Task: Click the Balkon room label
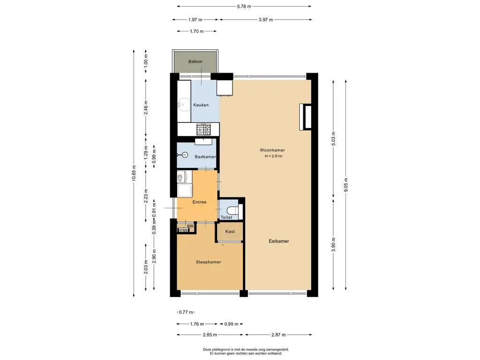195,61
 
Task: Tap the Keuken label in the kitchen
201,105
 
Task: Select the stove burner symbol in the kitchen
203,129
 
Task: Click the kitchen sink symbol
184,105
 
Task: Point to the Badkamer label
205,157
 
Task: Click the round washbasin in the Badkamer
185,155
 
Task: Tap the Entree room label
199,202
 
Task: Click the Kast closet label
230,232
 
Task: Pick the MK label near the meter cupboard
190,226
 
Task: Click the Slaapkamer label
209,262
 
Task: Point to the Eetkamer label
279,241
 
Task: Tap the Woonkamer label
272,150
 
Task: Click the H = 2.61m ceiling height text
273,156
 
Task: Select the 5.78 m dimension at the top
244,6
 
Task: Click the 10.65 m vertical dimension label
134,173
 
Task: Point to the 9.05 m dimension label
346,185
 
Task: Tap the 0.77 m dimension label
186,312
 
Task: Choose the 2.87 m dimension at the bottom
278,335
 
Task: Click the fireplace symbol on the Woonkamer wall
305,117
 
